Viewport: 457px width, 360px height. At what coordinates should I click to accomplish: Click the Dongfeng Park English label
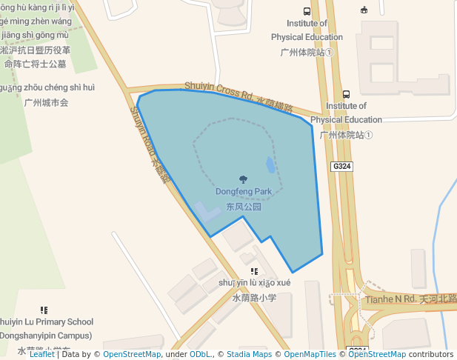tap(243, 192)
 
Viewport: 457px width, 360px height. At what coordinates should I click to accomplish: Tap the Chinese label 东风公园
tap(244, 207)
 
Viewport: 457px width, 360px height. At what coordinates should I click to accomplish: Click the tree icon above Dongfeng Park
tap(243, 179)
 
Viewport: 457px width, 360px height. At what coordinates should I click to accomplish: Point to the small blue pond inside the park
tap(270, 164)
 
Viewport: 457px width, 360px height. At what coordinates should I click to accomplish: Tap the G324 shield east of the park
tap(341, 167)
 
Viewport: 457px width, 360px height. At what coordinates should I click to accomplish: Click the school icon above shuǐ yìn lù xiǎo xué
tap(254, 272)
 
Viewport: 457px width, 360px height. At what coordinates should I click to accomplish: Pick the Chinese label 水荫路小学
tap(254, 298)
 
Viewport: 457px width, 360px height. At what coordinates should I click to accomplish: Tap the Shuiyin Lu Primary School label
tap(46, 321)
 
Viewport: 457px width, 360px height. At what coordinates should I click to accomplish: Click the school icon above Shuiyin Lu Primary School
tap(44, 310)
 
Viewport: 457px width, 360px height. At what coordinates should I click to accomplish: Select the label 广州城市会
tap(46, 102)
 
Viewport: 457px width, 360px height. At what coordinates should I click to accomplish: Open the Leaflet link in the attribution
tap(41, 355)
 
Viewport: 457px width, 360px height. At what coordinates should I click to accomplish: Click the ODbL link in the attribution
tap(200, 355)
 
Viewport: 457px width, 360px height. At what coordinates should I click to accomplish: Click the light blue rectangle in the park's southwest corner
tap(208, 213)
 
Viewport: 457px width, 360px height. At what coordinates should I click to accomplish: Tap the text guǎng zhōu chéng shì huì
tap(47, 87)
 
